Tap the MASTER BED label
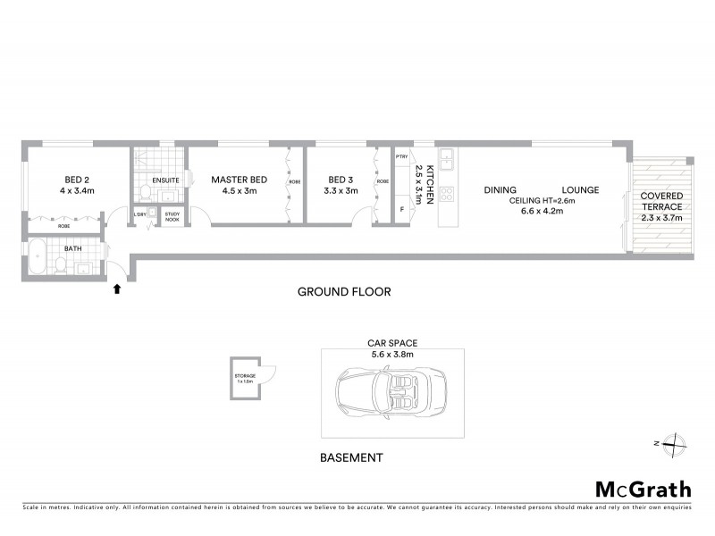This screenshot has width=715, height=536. point(239,179)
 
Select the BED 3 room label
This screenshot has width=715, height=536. point(341,179)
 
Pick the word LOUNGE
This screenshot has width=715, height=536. point(580,189)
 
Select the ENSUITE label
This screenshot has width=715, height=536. point(165,180)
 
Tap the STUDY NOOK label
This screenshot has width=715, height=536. point(172,216)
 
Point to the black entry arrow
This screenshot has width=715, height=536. point(116,288)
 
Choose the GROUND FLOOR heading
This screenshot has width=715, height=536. point(344,292)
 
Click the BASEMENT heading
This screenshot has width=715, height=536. point(351,457)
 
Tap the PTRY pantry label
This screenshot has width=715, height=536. point(401,156)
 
